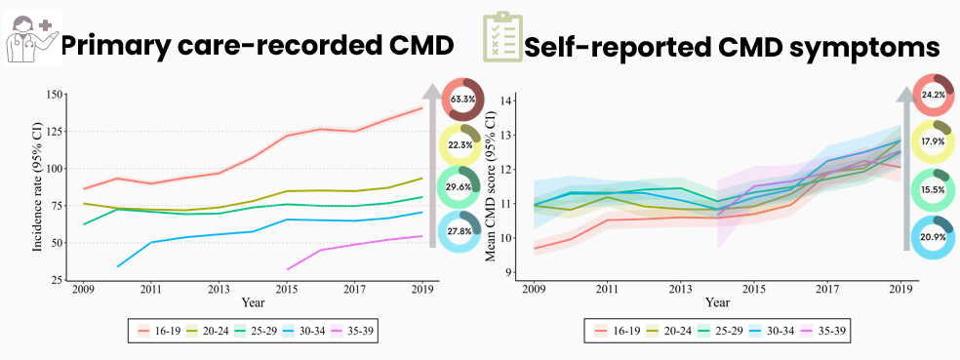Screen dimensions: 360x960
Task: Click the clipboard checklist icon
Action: (x=500, y=39)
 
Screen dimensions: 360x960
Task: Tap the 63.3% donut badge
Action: (x=464, y=100)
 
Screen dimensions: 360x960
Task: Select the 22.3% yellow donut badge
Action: (x=464, y=145)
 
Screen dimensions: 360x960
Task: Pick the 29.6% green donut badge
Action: (x=464, y=189)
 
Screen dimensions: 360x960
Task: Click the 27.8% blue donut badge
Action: (x=464, y=234)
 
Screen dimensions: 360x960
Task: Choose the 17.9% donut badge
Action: (x=933, y=142)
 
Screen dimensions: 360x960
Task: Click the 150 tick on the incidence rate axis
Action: (x=55, y=96)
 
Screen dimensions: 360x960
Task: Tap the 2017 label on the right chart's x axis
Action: (x=826, y=291)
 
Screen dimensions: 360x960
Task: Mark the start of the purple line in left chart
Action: (x=287, y=268)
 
